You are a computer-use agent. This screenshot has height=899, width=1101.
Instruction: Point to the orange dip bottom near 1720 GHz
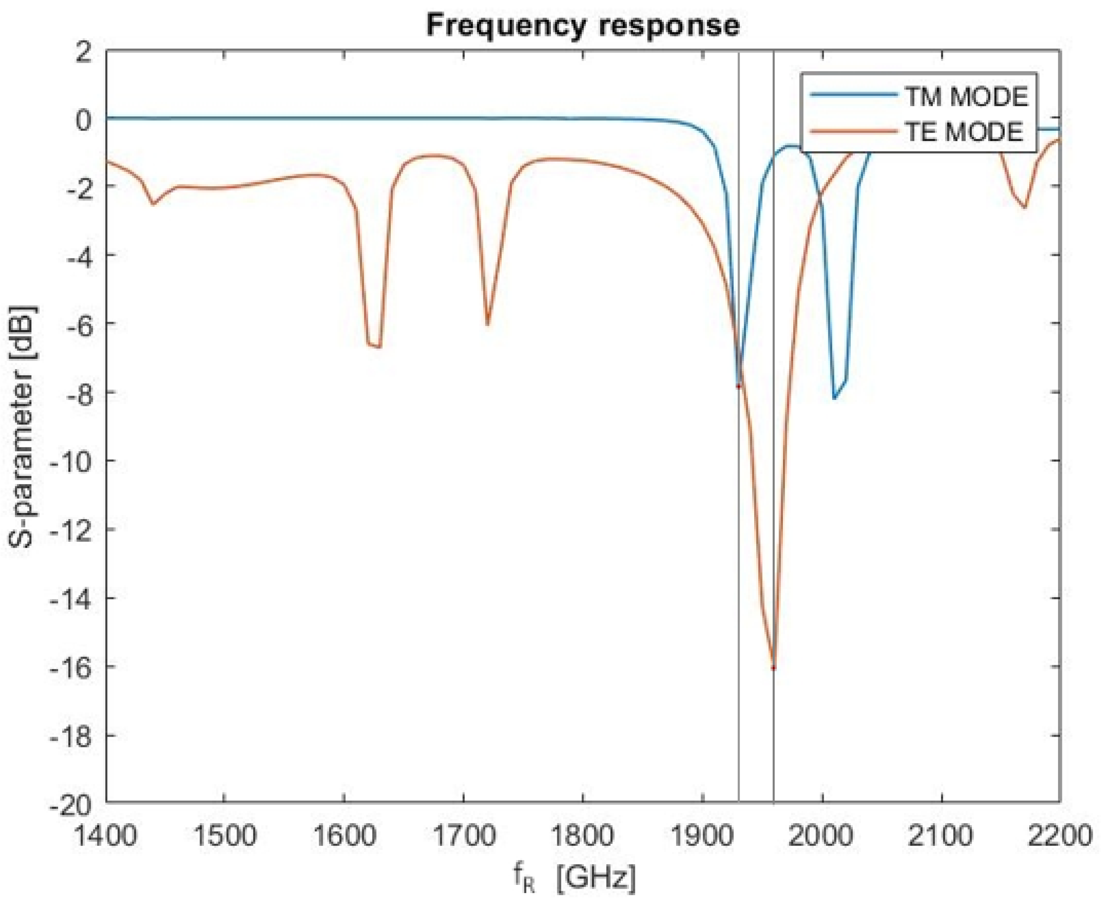pos(487,324)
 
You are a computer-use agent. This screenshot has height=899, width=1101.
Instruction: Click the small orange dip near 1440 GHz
pos(153,203)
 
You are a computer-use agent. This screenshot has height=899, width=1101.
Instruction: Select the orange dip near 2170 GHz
pos(1024,207)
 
